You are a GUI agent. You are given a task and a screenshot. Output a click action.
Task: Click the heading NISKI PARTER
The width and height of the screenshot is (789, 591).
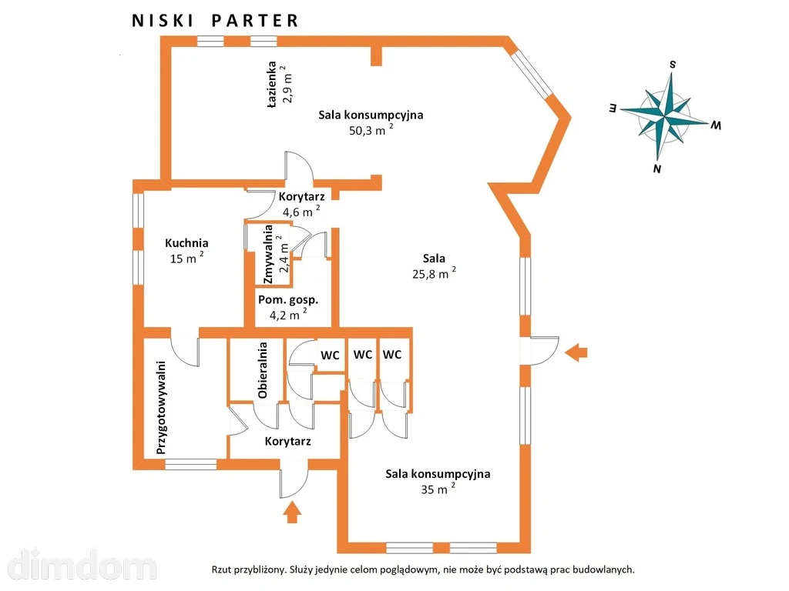coord(215,21)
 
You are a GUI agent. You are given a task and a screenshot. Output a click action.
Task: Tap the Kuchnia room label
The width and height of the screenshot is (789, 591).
coord(186,243)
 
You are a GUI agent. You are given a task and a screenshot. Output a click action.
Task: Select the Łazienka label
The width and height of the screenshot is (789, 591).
coord(272,85)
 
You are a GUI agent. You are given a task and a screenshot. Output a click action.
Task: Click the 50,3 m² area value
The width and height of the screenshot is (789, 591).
coord(371,130)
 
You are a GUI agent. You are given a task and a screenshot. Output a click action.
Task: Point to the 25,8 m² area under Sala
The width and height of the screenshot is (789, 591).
coord(435,273)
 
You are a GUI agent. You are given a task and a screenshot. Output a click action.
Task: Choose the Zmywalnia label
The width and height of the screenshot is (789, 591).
coord(267,254)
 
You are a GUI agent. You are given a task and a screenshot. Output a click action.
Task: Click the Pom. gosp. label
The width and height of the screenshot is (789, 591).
coord(288,300)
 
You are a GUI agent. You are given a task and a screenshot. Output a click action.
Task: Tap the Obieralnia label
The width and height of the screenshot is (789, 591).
coord(262,370)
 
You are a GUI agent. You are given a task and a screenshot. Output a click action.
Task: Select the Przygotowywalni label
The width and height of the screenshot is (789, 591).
coord(161,408)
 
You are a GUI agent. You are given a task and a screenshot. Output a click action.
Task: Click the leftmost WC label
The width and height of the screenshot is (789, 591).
coord(330,356)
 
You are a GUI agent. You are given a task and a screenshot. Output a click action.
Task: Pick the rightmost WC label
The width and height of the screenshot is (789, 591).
coord(392,355)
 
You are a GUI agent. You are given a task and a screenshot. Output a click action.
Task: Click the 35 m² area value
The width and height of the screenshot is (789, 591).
coord(438,489)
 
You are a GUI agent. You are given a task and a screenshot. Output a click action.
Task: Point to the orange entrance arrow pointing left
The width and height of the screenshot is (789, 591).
coord(576,352)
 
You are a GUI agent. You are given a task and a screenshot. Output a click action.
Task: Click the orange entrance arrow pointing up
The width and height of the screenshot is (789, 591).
coord(292,513)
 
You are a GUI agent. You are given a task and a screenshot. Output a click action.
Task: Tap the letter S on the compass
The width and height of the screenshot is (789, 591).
coord(672,65)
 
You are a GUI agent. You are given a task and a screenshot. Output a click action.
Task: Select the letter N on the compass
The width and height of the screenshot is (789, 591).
coord(656,169)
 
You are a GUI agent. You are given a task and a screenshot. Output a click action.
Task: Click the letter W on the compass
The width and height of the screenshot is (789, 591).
coord(716,125)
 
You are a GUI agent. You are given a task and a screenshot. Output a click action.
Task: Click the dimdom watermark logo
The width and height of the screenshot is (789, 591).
coord(82,564)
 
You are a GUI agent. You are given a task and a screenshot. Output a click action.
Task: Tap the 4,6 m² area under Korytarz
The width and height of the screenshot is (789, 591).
coord(301,212)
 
